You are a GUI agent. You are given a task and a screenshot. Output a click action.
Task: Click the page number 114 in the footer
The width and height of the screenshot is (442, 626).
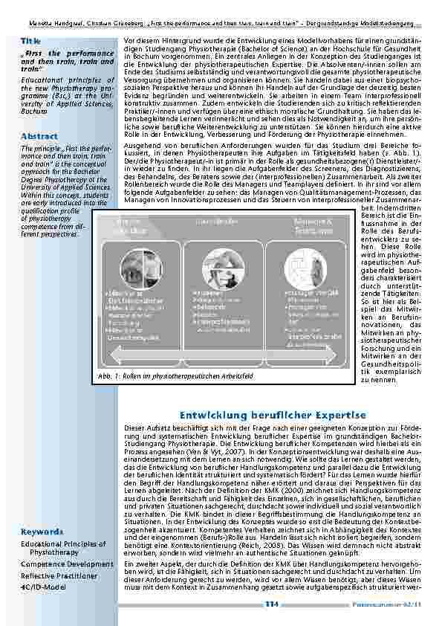point(272,605)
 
